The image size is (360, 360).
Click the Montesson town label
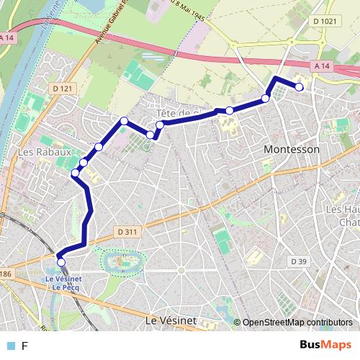(292, 149)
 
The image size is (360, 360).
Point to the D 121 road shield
(63, 88)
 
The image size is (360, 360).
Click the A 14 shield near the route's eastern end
(321, 66)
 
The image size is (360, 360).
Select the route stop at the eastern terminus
(300, 87)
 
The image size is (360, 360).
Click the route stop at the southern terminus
(61, 262)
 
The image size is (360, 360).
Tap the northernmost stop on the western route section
(124, 121)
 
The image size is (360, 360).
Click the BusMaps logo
(325, 345)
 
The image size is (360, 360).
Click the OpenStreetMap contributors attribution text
(297, 323)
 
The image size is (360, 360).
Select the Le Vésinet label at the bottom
(171, 319)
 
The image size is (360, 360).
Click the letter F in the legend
(24, 346)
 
